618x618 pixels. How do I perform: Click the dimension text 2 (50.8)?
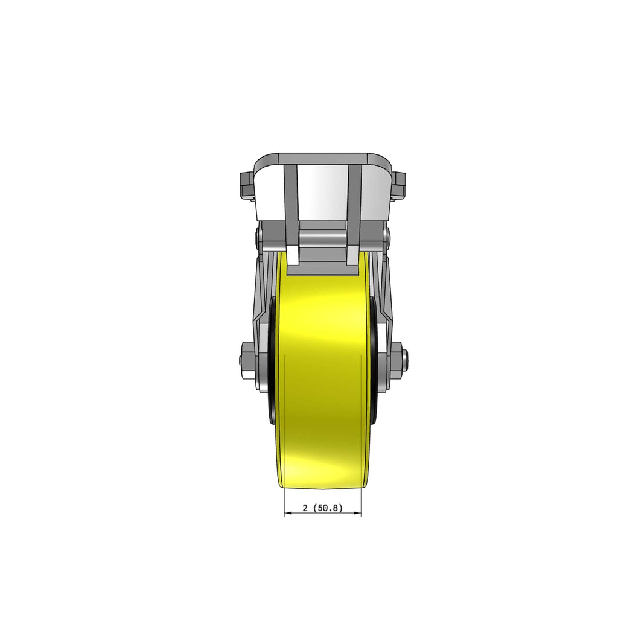323,508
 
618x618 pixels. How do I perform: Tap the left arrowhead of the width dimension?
288,513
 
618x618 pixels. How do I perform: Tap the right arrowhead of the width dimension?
357,513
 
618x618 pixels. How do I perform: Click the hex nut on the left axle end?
247,360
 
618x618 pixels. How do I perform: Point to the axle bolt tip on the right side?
407,360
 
